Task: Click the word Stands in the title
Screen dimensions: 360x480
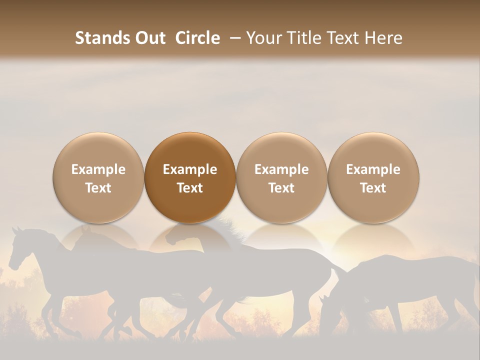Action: point(101,38)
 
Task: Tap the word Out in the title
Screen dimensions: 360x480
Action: point(149,38)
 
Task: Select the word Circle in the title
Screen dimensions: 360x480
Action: point(197,38)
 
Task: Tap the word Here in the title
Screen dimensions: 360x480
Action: point(384,38)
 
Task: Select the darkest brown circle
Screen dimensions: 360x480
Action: point(189,178)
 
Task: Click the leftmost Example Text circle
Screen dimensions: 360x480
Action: point(98,178)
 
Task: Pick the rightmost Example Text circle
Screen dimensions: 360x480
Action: point(373,178)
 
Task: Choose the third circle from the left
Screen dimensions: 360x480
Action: point(281,178)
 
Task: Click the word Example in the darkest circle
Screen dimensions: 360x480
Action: point(190,169)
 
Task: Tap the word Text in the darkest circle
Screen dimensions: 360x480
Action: point(190,188)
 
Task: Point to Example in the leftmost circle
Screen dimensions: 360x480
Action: point(98,169)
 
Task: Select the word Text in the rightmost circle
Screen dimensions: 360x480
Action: point(373,188)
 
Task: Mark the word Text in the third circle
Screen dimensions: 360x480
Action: point(281,188)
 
